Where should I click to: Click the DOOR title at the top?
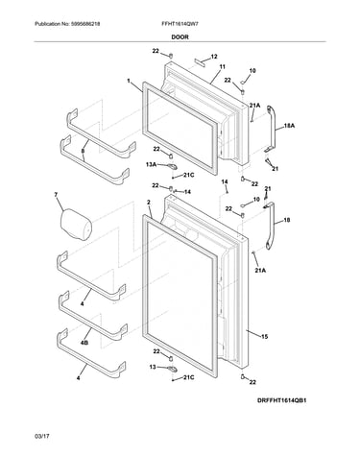click(x=180, y=37)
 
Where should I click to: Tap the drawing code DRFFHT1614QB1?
click(x=282, y=400)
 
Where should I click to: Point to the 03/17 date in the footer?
click(x=42, y=436)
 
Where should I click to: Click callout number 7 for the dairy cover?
click(x=56, y=194)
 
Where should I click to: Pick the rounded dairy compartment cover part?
click(x=76, y=224)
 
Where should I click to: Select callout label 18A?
click(x=289, y=126)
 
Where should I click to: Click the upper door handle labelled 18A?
click(x=271, y=129)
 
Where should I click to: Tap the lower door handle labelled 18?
click(x=271, y=226)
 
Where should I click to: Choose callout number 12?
click(x=214, y=57)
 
